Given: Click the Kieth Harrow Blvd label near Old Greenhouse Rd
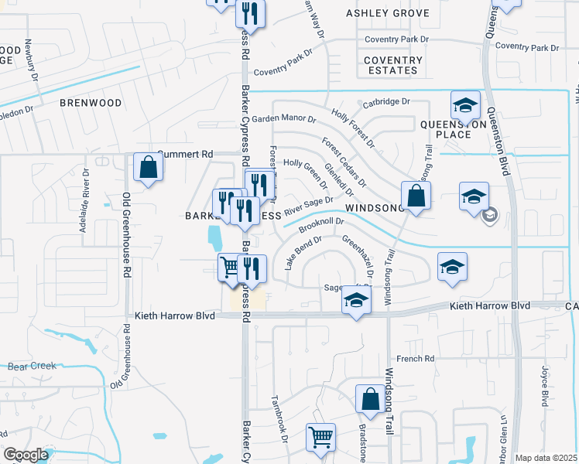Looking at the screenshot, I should (x=173, y=316).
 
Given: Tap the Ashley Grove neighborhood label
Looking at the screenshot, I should (x=387, y=14).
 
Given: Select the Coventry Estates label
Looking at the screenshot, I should (x=393, y=65).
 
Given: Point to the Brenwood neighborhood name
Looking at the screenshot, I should (x=91, y=103).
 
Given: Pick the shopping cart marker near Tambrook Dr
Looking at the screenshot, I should (x=320, y=437).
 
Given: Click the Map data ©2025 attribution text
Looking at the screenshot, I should (x=546, y=458).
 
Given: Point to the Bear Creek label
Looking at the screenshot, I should (x=29, y=367).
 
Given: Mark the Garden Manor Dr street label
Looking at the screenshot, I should (x=283, y=119).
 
